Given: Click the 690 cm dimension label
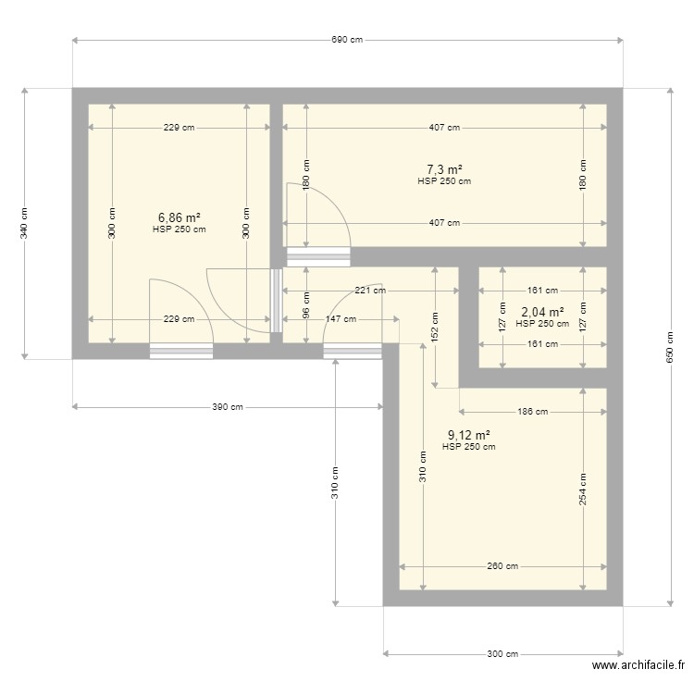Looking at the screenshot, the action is (x=347, y=40).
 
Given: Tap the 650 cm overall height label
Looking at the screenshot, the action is (x=670, y=347).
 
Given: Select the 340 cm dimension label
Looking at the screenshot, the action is (x=24, y=224).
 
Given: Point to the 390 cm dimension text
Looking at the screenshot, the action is (x=228, y=407).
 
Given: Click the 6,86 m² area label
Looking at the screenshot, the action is (x=180, y=217).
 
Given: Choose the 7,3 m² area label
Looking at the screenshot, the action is (x=444, y=169).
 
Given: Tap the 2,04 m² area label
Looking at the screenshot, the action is (x=542, y=313).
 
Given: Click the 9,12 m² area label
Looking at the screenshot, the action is (x=469, y=436).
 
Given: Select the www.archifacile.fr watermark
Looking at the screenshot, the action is (x=638, y=665).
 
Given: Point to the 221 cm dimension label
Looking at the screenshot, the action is (x=370, y=291).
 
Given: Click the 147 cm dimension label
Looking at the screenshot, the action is (x=341, y=319).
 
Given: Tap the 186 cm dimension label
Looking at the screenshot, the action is (x=533, y=412).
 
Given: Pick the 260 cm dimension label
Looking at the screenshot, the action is (x=502, y=566).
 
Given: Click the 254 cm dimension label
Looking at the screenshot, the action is (x=583, y=490).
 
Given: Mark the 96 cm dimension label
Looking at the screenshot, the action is (x=306, y=305).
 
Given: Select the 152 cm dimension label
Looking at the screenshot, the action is (x=435, y=328).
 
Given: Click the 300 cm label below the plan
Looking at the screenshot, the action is (x=502, y=654).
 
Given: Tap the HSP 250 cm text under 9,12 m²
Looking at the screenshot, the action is (x=469, y=447).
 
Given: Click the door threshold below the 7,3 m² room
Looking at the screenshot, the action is (x=318, y=257).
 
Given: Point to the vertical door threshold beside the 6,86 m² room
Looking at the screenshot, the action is (x=277, y=301).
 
